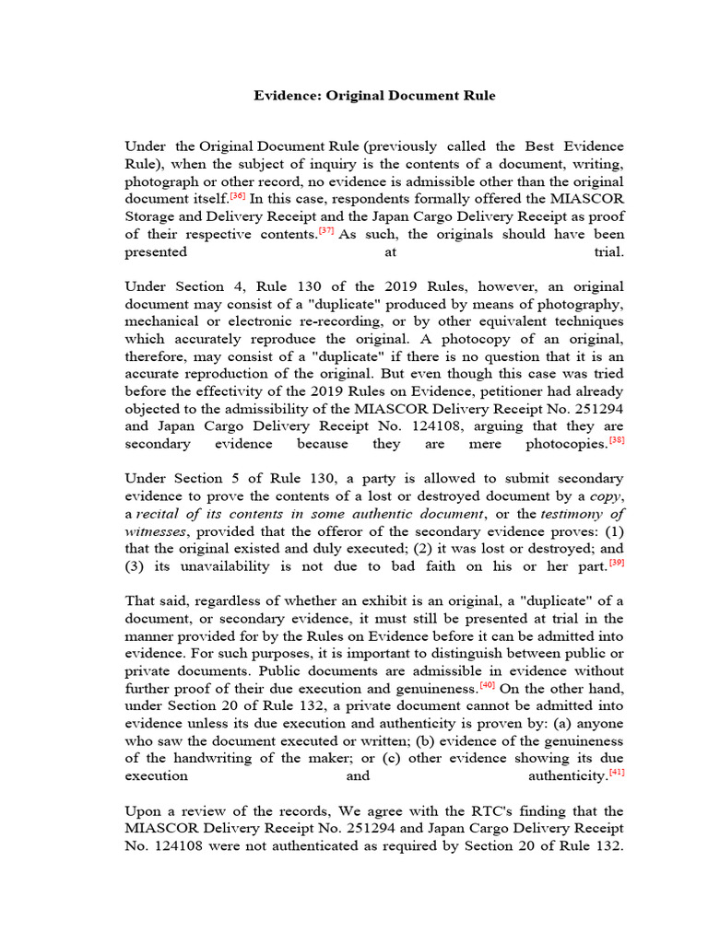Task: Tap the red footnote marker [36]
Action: point(237,196)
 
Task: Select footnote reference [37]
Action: point(325,231)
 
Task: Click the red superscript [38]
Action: point(617,440)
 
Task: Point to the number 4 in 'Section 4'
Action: point(237,286)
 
